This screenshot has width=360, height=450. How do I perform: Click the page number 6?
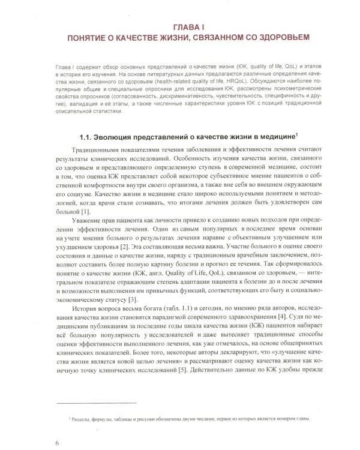(56, 442)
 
